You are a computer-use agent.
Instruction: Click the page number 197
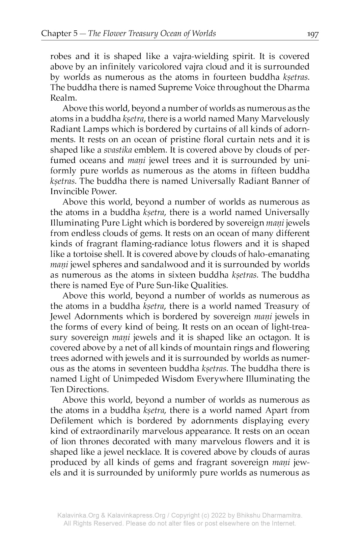tap(312, 34)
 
